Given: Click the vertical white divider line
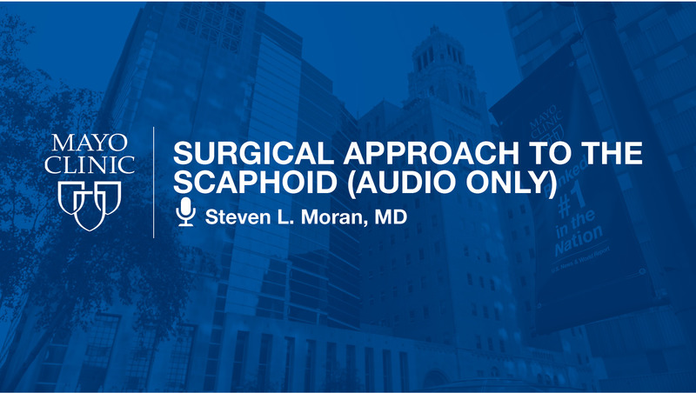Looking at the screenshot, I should coord(154,182).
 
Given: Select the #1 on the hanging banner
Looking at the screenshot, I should coord(575,210).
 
